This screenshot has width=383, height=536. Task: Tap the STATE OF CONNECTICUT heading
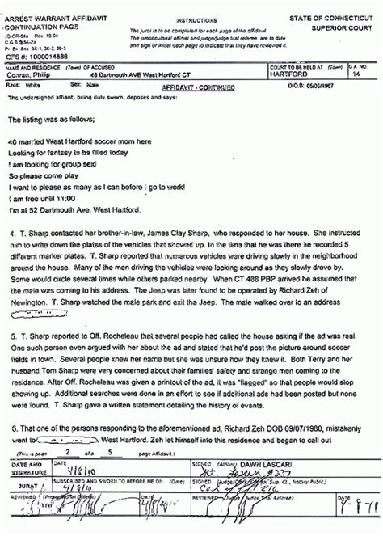(x=337, y=17)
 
